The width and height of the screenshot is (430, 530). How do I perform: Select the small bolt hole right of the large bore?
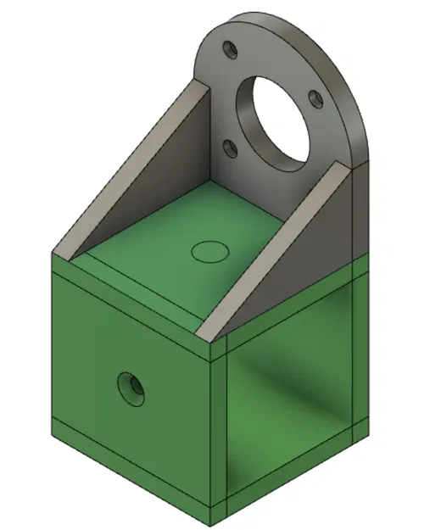316,99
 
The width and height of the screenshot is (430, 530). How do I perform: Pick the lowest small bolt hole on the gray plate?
229,148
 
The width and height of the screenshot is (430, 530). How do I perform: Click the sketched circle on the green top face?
209,250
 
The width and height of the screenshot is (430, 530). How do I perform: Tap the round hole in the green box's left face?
131,388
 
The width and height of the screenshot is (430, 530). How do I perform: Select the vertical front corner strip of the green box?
220,424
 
